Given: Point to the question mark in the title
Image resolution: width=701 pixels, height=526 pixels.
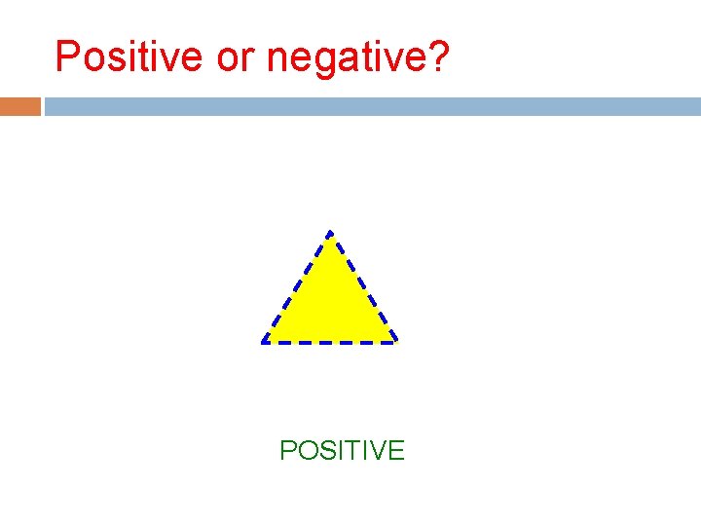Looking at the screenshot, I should (439, 56).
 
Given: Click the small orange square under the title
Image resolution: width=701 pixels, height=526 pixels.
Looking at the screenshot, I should (20, 106).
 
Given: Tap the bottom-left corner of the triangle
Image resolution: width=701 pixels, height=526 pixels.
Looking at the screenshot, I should (263, 342).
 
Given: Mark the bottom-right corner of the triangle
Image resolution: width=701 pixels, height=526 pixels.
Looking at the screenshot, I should (396, 342).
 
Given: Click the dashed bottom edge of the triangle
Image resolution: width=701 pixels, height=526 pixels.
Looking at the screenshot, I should (330, 343).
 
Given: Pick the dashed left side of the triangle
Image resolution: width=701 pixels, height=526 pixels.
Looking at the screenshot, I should (296, 287).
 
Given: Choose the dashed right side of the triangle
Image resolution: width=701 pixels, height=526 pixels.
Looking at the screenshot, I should (363, 287).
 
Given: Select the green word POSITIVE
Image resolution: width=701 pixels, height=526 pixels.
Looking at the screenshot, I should (342, 451).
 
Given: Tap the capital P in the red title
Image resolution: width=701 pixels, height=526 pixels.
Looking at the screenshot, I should (67, 56).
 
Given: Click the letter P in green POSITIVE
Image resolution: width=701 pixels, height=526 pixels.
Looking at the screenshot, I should (288, 451).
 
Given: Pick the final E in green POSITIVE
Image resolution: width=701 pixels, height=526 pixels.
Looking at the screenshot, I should (395, 451).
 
